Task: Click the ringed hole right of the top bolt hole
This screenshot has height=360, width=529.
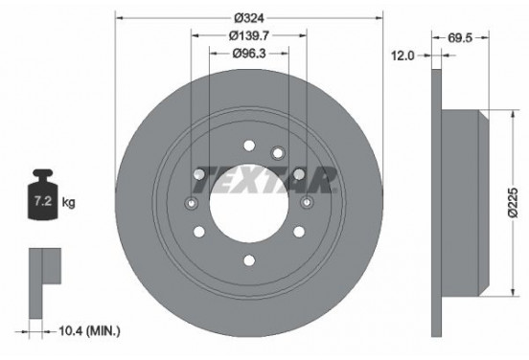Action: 279,151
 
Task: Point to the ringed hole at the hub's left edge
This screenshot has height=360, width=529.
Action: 191,204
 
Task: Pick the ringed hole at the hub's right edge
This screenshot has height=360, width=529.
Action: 308,203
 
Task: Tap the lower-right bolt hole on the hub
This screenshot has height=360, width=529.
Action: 299,233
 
